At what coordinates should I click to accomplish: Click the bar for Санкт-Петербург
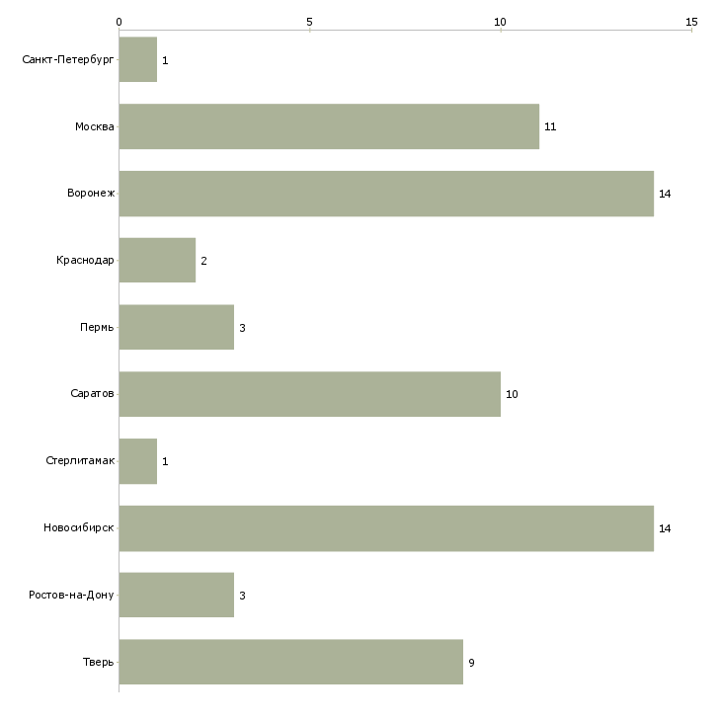pyautogui.click(x=138, y=59)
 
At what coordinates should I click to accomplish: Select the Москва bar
pyautogui.click(x=329, y=126)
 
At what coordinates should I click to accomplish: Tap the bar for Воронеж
pyautogui.click(x=386, y=194)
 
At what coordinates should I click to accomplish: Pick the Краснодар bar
pyautogui.click(x=157, y=261)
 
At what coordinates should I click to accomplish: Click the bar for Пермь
pyautogui.click(x=177, y=327)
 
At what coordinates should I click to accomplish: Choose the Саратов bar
pyautogui.click(x=310, y=394)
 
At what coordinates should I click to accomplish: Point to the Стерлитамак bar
pyautogui.click(x=138, y=461)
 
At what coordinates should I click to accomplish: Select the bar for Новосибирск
pyautogui.click(x=386, y=528)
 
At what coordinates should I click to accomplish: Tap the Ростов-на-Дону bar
pyautogui.click(x=177, y=595)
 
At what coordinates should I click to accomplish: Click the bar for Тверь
pyautogui.click(x=291, y=662)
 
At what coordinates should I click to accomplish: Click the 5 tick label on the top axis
pyautogui.click(x=309, y=22)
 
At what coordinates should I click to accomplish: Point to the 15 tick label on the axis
pyautogui.click(x=691, y=22)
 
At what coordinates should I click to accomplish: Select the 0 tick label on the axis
pyautogui.click(x=120, y=22)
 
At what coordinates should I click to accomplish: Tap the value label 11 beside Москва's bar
pyautogui.click(x=550, y=126)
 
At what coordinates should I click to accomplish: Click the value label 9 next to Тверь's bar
pyautogui.click(x=471, y=663)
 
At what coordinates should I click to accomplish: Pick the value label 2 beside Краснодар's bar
pyautogui.click(x=203, y=261)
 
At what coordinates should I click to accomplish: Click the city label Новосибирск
pyautogui.click(x=79, y=527)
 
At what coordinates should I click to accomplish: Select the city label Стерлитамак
pyautogui.click(x=80, y=460)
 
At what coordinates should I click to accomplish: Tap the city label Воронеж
pyautogui.click(x=91, y=193)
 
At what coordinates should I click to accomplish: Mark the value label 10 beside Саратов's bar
pyautogui.click(x=512, y=394)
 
